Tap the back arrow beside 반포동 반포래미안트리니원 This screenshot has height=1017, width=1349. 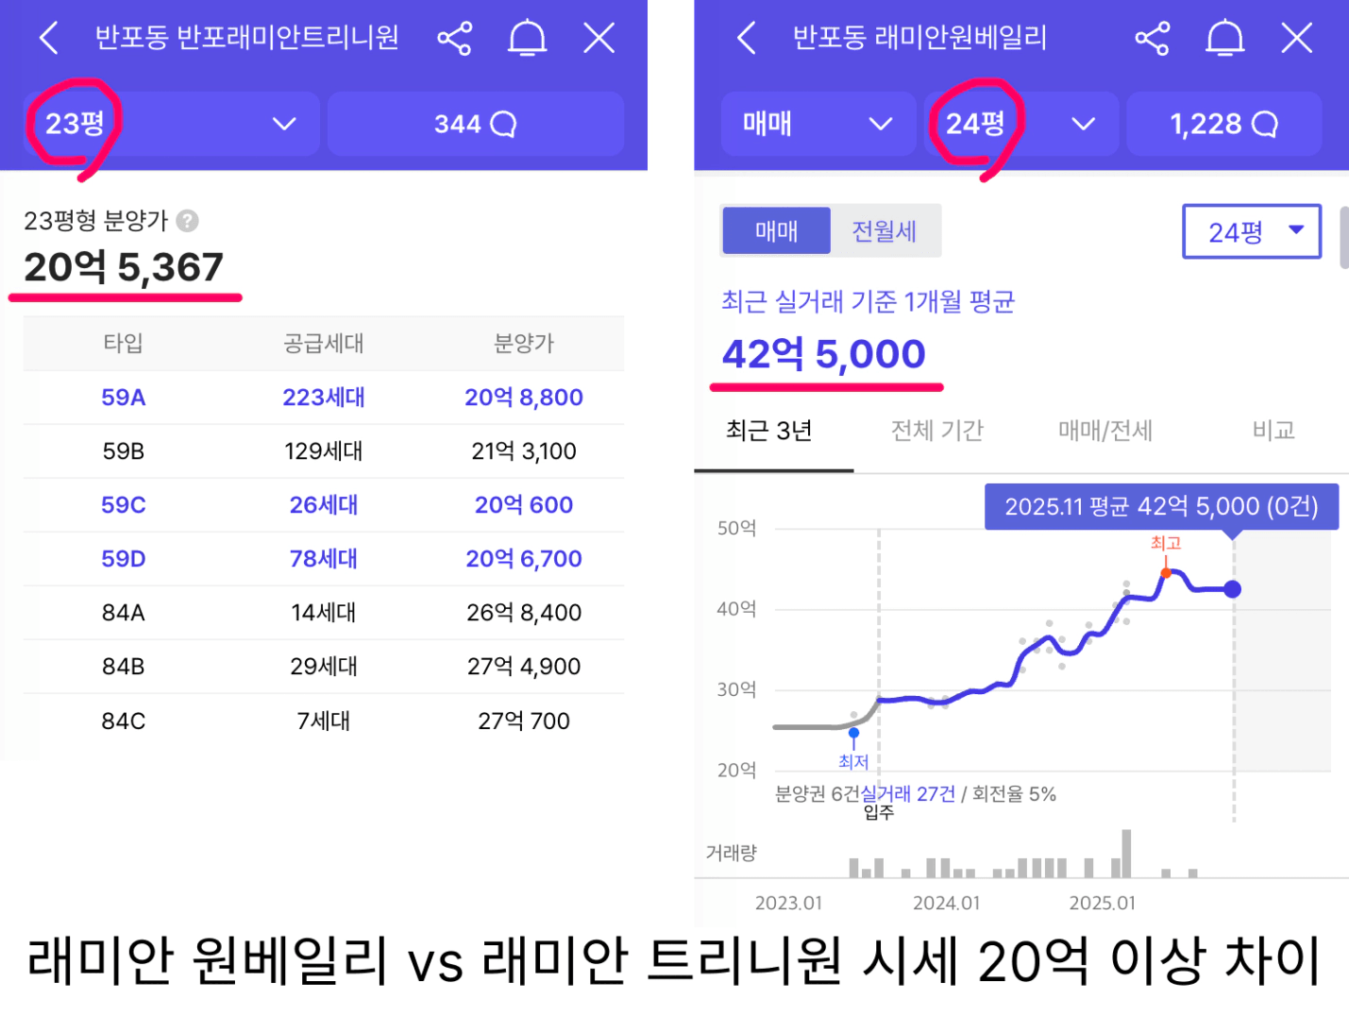(49, 39)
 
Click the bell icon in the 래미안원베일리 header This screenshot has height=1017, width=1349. (1224, 39)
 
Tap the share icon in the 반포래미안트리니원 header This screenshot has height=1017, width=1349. (454, 39)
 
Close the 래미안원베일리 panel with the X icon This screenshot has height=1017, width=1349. (1296, 39)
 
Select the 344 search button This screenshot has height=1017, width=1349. (475, 124)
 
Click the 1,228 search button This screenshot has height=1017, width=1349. (1223, 124)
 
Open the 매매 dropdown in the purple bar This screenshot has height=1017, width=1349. (818, 124)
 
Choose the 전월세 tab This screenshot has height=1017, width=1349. (885, 231)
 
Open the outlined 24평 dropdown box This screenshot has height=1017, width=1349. (1252, 231)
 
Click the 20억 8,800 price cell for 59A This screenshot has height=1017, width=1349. (523, 398)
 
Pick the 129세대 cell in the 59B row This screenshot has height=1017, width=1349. (323, 451)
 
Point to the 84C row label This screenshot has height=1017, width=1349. (123, 721)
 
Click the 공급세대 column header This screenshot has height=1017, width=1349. (323, 344)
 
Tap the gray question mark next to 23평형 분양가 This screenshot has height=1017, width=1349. (188, 221)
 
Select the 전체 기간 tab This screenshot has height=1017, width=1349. (936, 432)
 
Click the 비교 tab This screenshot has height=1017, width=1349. (1273, 432)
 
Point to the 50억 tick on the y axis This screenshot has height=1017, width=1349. (736, 528)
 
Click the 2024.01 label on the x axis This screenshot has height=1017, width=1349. (946, 904)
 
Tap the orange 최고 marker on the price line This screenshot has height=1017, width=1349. (1166, 573)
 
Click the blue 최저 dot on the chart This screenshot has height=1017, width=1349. (853, 733)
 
